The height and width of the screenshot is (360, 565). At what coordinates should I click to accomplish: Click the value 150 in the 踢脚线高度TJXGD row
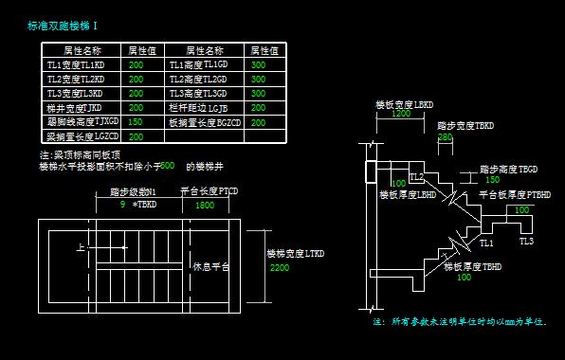tap(136, 122)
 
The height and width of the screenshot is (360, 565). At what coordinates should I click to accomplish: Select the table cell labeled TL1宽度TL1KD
tap(75, 65)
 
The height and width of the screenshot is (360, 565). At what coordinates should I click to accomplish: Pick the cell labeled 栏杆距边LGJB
tap(197, 108)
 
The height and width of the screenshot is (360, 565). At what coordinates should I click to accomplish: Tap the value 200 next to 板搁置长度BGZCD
tap(258, 122)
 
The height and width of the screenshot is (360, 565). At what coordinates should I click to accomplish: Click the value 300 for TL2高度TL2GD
tap(258, 80)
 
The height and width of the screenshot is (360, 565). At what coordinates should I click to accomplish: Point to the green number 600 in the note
tap(168, 165)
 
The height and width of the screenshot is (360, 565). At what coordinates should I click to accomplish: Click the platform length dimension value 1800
tap(204, 205)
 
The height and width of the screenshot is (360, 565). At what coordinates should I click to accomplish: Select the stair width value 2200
tap(279, 268)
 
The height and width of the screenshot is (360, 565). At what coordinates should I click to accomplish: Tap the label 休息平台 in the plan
tap(210, 267)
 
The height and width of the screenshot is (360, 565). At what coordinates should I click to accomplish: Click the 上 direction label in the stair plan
tap(81, 247)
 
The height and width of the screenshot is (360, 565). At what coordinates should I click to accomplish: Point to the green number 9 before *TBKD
tap(122, 204)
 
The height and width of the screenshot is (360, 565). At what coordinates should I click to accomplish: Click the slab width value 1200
tap(401, 113)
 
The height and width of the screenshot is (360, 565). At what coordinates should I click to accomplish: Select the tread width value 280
tap(445, 136)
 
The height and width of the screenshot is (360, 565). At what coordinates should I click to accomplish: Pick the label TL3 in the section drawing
tap(526, 242)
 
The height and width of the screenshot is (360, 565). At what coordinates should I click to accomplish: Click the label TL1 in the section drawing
tap(486, 243)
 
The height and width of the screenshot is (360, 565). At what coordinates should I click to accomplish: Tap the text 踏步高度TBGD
tap(513, 168)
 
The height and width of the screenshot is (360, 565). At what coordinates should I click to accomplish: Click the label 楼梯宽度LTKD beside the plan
tap(295, 254)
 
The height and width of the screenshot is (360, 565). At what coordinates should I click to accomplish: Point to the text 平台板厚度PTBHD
tap(515, 194)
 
